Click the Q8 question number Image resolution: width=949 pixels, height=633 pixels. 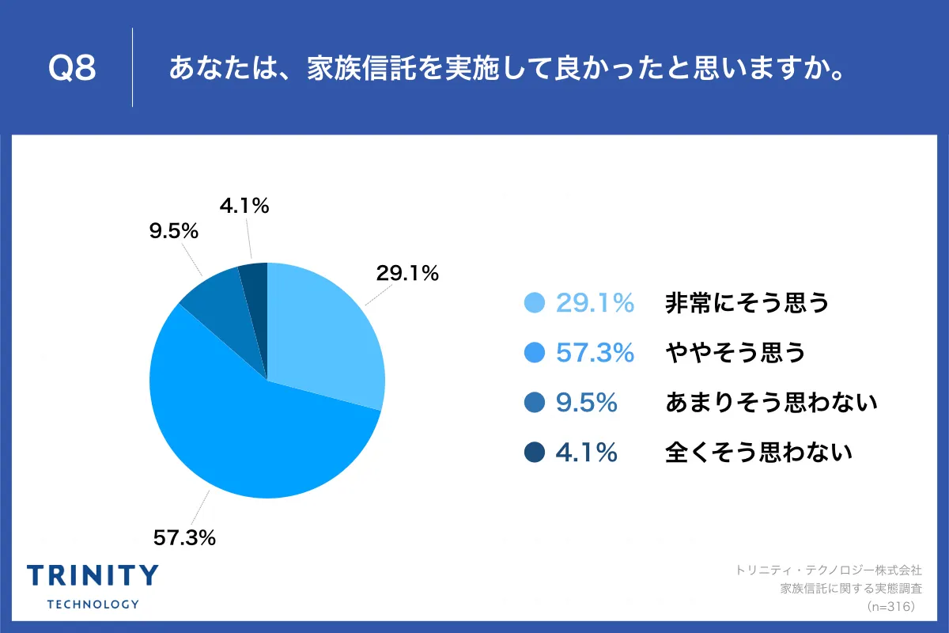(x=72, y=69)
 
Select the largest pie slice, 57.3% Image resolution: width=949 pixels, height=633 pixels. (x=261, y=435)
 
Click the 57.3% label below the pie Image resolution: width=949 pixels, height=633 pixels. (x=184, y=538)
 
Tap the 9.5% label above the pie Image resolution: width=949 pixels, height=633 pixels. (x=173, y=232)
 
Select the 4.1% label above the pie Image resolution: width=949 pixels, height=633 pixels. (x=244, y=207)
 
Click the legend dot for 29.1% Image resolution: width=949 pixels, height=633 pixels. (x=535, y=303)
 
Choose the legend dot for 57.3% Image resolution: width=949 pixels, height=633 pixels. (x=535, y=353)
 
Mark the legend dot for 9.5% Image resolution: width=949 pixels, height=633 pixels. (x=535, y=403)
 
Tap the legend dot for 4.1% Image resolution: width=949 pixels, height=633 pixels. (x=535, y=453)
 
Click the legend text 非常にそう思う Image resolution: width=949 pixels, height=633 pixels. (x=747, y=303)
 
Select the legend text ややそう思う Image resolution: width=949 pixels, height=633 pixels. (x=735, y=353)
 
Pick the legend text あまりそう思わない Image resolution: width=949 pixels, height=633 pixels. (x=771, y=403)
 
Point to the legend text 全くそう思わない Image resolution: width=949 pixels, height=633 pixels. (x=758, y=453)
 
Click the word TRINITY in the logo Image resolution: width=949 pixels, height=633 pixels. (x=93, y=576)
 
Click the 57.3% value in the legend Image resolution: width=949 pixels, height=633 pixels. (x=595, y=353)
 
